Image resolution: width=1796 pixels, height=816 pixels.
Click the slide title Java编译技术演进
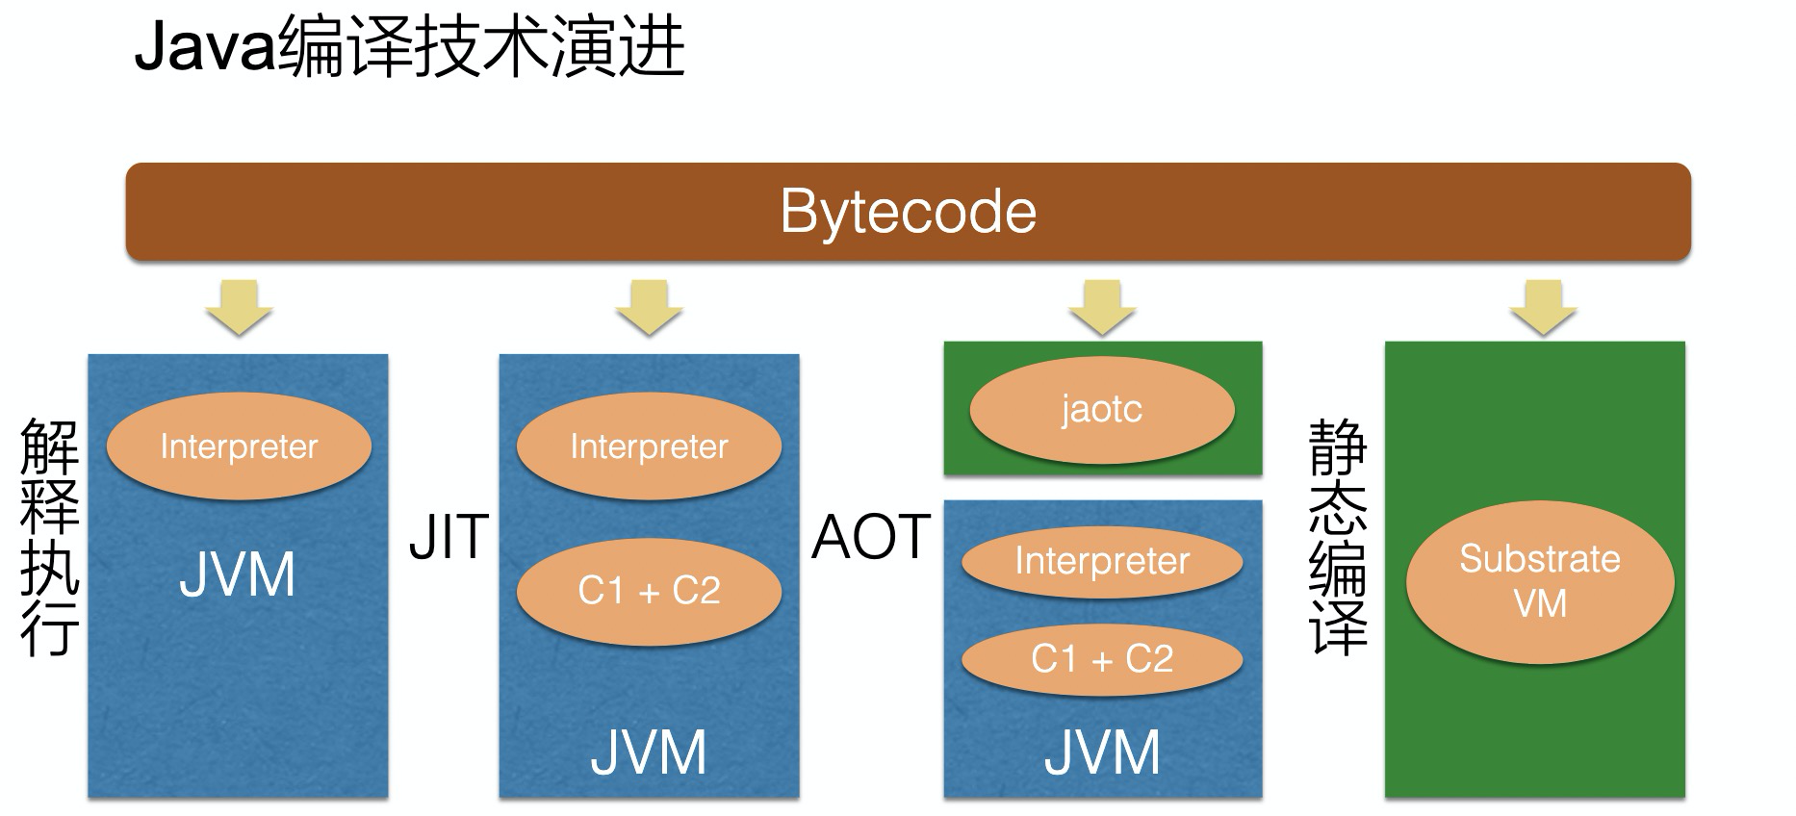coord(409,48)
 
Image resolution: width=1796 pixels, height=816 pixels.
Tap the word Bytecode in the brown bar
coord(908,212)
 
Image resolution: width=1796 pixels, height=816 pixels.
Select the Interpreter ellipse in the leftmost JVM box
coord(239,446)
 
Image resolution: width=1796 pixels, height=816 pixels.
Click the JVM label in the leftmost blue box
coord(237,575)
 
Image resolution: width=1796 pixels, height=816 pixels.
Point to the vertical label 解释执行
coord(49,537)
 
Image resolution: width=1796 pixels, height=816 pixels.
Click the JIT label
coord(449,537)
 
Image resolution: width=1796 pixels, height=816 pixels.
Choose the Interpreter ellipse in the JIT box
coord(649,446)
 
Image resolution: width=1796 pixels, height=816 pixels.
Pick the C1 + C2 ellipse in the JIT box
coord(649,591)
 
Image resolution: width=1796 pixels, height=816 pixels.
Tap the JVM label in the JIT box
coord(649,752)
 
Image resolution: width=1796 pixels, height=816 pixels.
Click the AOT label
coord(871,537)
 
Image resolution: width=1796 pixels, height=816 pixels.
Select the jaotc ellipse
coord(1102,410)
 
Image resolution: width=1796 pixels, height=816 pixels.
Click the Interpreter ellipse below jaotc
coord(1102,562)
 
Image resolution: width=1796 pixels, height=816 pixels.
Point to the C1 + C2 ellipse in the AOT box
coord(1102,660)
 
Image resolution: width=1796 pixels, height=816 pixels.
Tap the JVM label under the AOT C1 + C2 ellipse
coord(1102,752)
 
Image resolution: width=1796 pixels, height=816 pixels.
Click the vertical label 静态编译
coord(1338,537)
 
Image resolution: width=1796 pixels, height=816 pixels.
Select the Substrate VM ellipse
coord(1540,581)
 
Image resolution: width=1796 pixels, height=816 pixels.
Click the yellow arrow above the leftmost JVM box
coord(239,307)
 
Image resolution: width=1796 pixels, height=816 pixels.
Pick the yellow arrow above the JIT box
coord(649,307)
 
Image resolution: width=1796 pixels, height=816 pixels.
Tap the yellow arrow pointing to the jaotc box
coord(1102,307)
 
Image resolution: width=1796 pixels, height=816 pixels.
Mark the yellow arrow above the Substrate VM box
coord(1543,307)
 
